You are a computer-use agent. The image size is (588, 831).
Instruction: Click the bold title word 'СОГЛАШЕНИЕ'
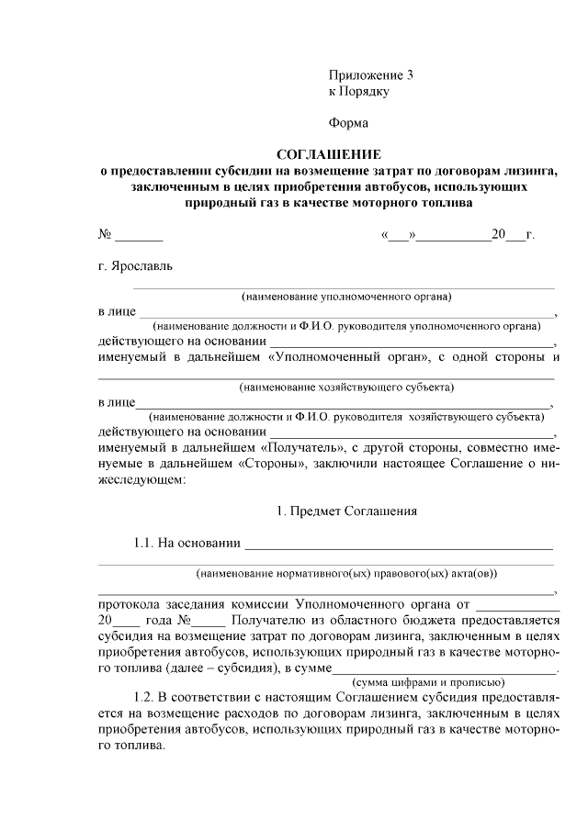coord(328,154)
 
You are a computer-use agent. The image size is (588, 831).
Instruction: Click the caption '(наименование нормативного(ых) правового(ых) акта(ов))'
coord(346,574)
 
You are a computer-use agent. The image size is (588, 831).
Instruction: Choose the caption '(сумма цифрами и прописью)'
coord(429,681)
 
